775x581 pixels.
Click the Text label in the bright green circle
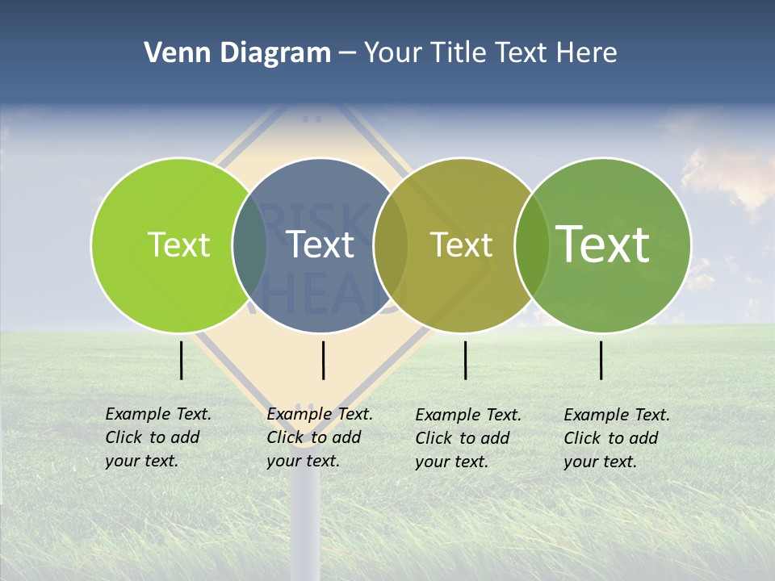tap(178, 245)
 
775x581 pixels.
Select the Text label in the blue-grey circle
tap(320, 245)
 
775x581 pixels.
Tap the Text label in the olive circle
tap(462, 245)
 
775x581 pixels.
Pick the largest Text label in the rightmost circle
tap(602, 244)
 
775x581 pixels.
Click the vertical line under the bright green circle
tap(182, 360)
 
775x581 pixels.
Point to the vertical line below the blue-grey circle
tap(323, 360)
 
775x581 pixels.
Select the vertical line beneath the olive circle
tap(466, 360)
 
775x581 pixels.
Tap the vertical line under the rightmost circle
tap(601, 360)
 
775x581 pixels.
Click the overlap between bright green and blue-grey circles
tap(249, 245)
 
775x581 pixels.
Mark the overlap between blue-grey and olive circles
tap(392, 245)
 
